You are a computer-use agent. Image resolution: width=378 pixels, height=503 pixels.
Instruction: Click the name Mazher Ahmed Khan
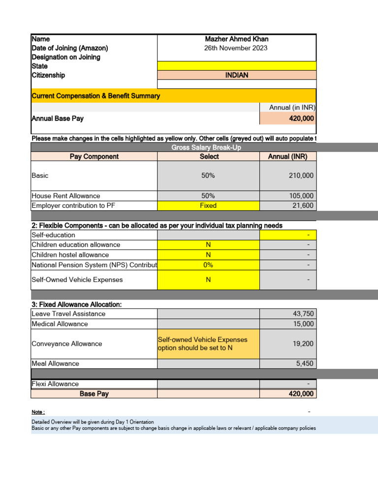click(236, 39)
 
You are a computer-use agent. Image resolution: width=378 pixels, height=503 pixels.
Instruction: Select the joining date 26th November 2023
click(236, 48)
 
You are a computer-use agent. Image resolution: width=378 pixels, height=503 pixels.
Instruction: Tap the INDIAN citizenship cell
click(236, 75)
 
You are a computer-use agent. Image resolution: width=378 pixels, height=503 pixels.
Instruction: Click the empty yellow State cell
click(236, 66)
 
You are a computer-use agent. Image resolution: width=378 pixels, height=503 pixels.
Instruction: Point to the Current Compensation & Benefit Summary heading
click(95, 96)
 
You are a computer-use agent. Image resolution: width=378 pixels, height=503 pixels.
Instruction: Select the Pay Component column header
click(94, 156)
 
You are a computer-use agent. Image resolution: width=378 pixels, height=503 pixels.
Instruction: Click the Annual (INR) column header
click(287, 156)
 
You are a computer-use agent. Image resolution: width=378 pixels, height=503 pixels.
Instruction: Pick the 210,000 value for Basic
click(301, 175)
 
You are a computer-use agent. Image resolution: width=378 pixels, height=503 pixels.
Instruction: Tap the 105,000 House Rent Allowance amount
click(301, 196)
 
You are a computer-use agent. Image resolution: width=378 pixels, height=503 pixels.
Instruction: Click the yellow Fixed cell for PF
click(208, 206)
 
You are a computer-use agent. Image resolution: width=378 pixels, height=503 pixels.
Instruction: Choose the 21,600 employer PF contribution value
click(303, 206)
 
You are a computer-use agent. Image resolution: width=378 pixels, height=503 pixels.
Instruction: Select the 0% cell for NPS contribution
click(208, 265)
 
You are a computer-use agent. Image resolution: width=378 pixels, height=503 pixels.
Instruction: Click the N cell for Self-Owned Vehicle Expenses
click(208, 279)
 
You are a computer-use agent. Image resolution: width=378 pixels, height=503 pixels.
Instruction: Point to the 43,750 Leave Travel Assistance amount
click(303, 314)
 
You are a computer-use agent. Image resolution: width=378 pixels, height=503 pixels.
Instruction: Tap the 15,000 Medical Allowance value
click(303, 324)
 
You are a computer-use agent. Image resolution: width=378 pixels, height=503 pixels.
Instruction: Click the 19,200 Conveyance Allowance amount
click(303, 344)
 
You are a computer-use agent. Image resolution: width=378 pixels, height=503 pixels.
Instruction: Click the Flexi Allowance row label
click(55, 384)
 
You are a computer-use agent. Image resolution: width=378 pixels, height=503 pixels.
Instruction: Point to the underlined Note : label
click(38, 412)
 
